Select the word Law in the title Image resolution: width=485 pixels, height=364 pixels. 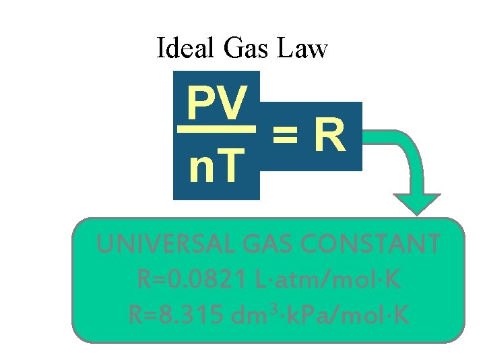[x=305, y=49]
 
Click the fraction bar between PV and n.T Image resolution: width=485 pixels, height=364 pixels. [x=216, y=129]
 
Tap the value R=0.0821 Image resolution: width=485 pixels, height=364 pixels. [x=183, y=279]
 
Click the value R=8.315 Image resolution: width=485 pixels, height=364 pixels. [x=174, y=314]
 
